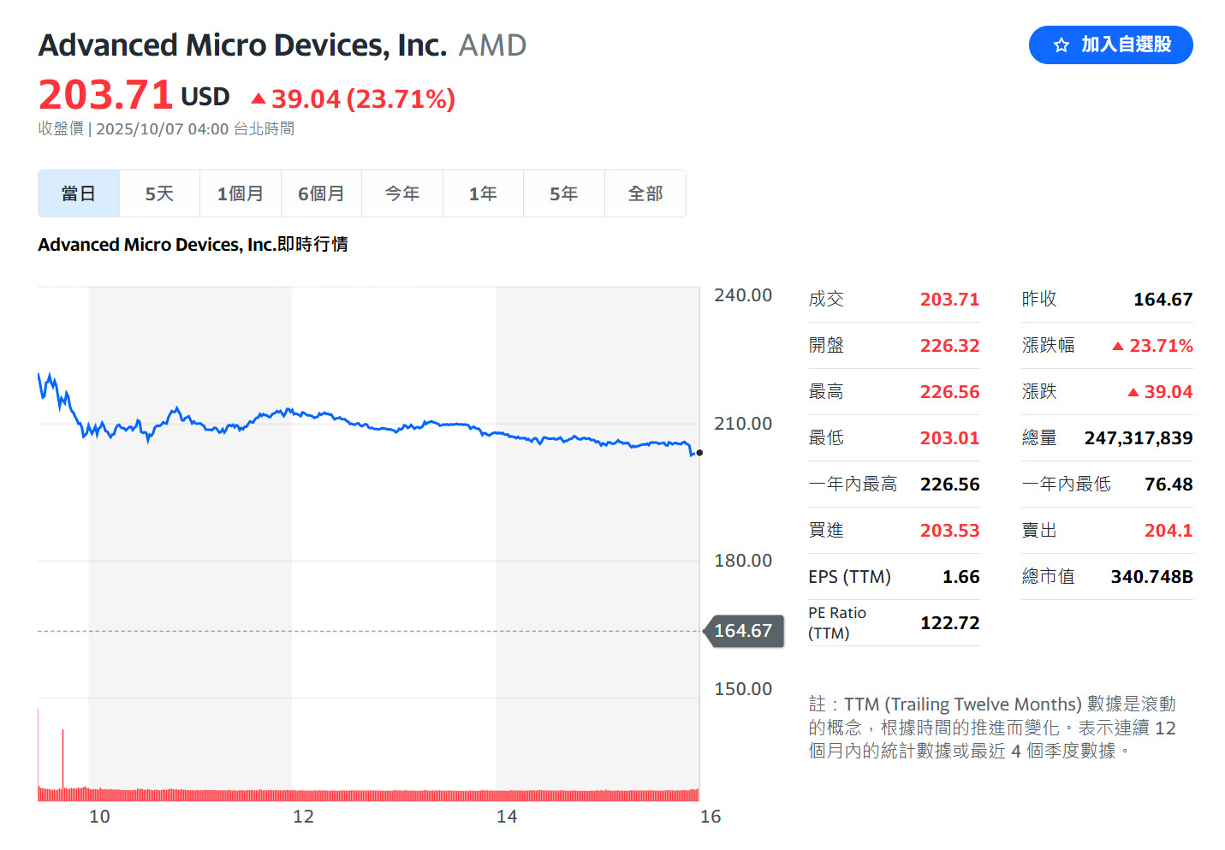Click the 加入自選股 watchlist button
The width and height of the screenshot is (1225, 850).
pos(1110,45)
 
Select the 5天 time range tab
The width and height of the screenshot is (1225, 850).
pos(159,194)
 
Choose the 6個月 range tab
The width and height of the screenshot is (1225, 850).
pos(321,194)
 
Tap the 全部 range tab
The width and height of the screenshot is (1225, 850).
pos(645,194)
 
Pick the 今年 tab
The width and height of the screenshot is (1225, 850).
pos(402,194)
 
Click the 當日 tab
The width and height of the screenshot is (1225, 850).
pos(79,194)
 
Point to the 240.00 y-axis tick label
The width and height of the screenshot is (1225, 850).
pos(743,295)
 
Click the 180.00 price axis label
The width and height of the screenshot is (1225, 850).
pos(743,561)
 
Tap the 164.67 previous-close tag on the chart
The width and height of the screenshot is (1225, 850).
pos(743,631)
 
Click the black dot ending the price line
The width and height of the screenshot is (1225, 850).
pos(699,453)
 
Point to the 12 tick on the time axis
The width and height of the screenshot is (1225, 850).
pos(303,817)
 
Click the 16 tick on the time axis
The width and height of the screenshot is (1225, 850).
pos(711,817)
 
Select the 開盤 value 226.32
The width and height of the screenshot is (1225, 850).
pos(949,346)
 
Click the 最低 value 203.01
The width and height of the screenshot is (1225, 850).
pos(949,438)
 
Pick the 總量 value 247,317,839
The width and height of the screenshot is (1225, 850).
pos(1138,438)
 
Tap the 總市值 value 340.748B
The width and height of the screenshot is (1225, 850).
pos(1151,577)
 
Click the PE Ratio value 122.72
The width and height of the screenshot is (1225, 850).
pos(949,623)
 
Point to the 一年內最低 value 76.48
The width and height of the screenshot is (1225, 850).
pos(1169,484)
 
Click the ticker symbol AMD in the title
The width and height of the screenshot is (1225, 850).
pos(492,45)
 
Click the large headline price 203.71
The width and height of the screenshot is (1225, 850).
pos(106,95)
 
